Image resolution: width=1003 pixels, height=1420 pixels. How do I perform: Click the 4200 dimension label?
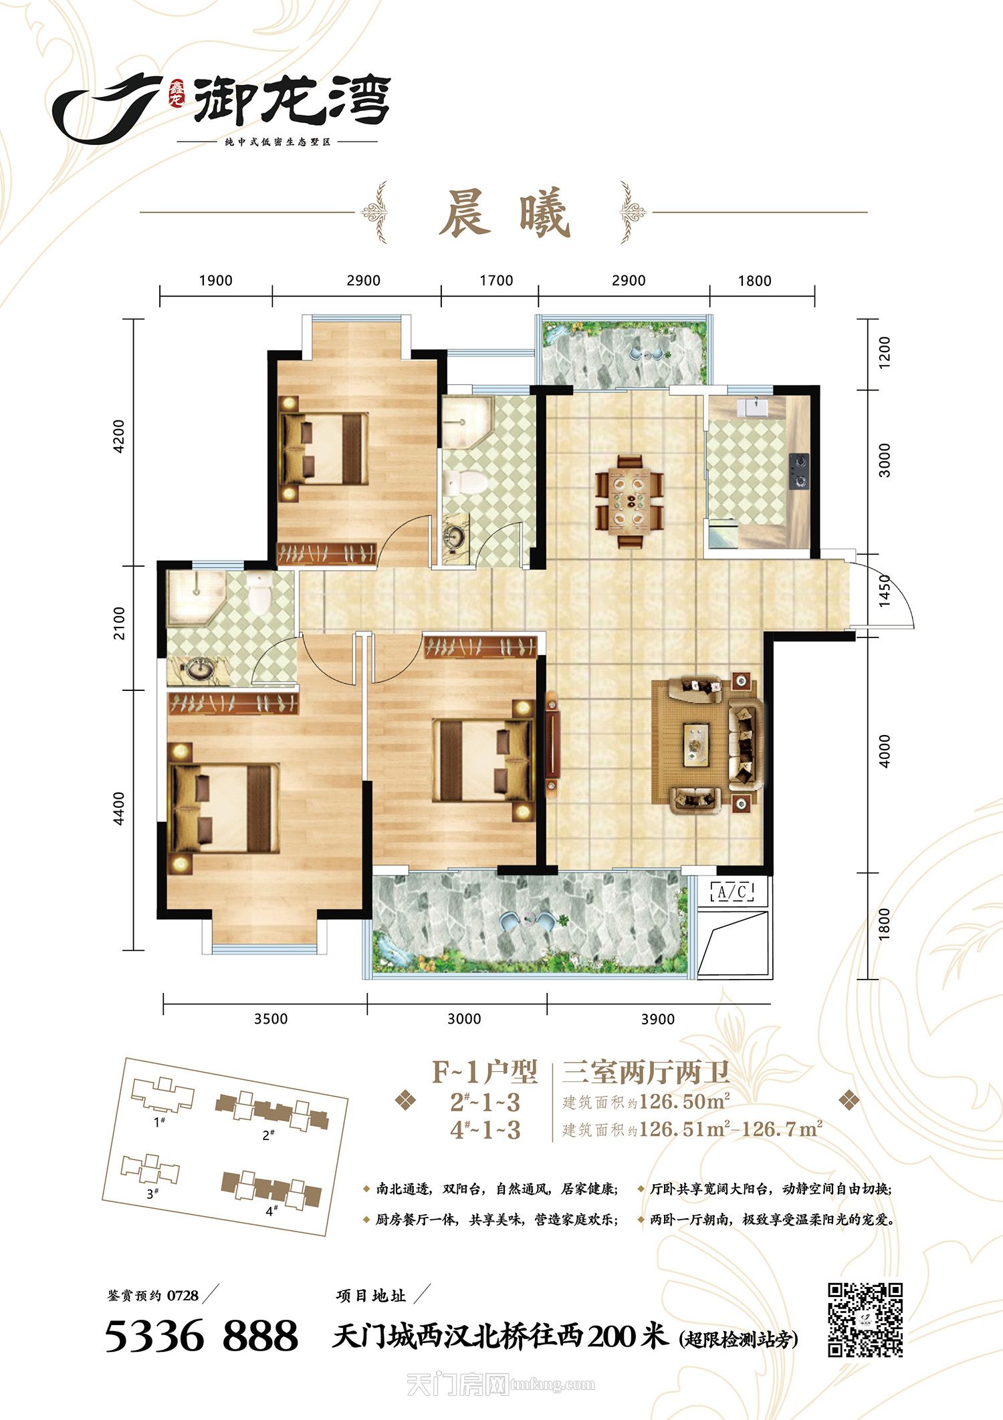[x=119, y=436]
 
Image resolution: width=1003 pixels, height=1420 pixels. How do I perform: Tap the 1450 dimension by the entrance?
[x=885, y=591]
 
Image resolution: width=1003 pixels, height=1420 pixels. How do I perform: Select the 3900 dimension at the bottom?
[x=658, y=1018]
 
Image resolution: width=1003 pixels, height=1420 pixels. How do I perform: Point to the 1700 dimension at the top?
[x=496, y=281]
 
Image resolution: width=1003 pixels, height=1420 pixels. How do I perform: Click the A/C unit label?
[x=734, y=891]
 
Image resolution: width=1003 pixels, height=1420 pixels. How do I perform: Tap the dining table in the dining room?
[x=630, y=501]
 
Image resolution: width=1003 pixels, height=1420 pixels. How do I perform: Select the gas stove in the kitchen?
[x=798, y=471]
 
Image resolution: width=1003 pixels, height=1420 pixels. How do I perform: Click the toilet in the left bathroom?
[x=257, y=591]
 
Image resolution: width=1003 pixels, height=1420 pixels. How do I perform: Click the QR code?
[x=865, y=1320]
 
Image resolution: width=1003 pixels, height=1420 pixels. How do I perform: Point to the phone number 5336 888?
[x=201, y=1335]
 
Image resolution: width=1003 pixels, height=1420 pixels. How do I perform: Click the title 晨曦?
[x=504, y=213]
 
